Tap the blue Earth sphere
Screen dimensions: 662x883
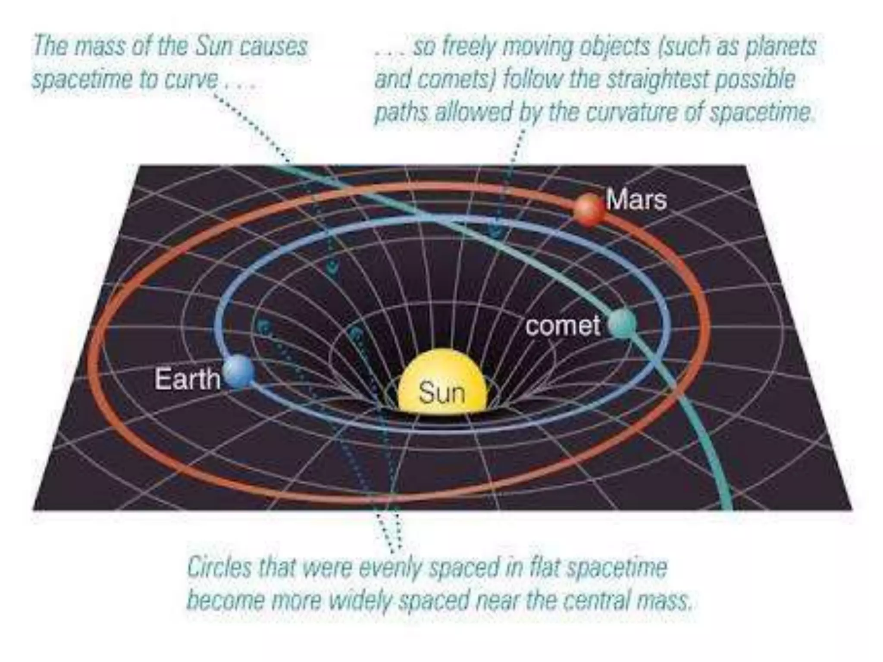(x=238, y=371)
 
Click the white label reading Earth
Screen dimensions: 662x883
(x=187, y=379)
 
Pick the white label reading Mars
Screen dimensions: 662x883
(x=636, y=200)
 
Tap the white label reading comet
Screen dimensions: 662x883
(x=563, y=326)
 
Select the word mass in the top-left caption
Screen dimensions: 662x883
(x=100, y=47)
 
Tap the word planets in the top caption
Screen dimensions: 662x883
(x=780, y=47)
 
